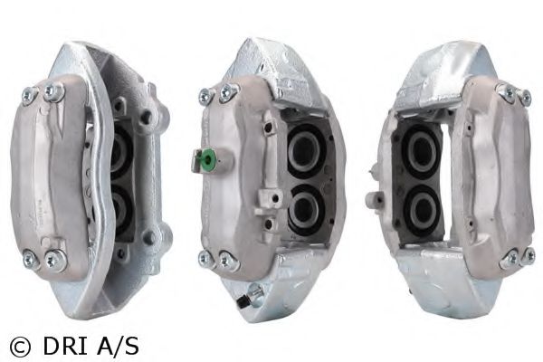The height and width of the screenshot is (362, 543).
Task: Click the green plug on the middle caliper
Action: pos(209,159)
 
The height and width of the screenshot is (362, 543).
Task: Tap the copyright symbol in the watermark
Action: pos(20,347)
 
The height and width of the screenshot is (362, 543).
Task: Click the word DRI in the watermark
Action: pos(64,346)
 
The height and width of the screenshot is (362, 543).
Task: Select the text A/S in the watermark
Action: pos(118,346)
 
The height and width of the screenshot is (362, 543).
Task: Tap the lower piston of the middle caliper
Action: pos(304,210)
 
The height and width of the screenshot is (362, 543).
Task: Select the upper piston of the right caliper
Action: pos(420,151)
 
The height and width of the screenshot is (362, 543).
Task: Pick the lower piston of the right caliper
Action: pos(421,210)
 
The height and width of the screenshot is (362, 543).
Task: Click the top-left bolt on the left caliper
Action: pos(29,95)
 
